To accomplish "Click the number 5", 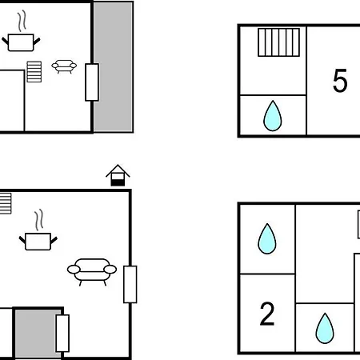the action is pos(340,80).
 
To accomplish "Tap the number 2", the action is pos(267,314).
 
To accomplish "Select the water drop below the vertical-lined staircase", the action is pos(273,116).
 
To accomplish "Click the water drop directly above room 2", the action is pos(267,238).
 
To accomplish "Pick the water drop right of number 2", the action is pos(325,329).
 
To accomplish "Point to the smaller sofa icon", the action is pos(64,66).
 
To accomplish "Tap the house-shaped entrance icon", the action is pos(118,175).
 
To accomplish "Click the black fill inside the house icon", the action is pos(118,182).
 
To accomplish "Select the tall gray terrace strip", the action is pos(113,66).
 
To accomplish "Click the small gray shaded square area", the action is pos(38,334).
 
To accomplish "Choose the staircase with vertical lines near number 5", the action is pos(278,42).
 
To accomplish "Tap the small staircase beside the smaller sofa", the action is pos(34,72).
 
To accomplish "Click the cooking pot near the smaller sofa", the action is pos(21,42).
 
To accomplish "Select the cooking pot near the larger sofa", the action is pos(38,242).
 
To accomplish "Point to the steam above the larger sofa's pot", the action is pos(39,220).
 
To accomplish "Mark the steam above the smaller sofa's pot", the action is pos(22,21).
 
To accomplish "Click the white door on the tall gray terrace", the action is pos(92,82).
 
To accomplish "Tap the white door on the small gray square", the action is pos(62,334).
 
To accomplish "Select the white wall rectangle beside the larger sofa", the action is pos(130,285).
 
